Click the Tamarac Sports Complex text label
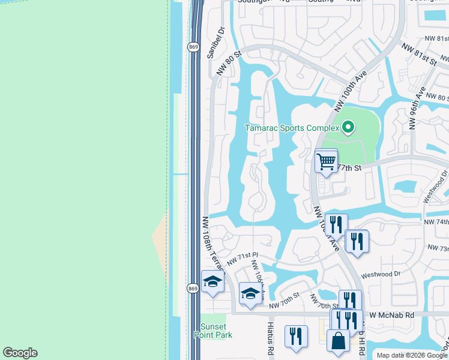tap(292, 128)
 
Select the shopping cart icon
tap(326, 161)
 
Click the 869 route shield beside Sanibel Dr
tap(193, 47)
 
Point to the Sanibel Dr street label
tap(215, 42)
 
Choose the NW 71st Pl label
tap(242, 259)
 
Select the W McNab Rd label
tap(392, 314)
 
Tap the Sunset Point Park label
tap(216, 331)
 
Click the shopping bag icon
tap(338, 340)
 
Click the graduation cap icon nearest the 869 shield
tap(212, 282)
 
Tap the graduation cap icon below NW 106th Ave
tap(250, 293)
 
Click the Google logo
tap(20, 353)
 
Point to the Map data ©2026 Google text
tap(412, 355)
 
